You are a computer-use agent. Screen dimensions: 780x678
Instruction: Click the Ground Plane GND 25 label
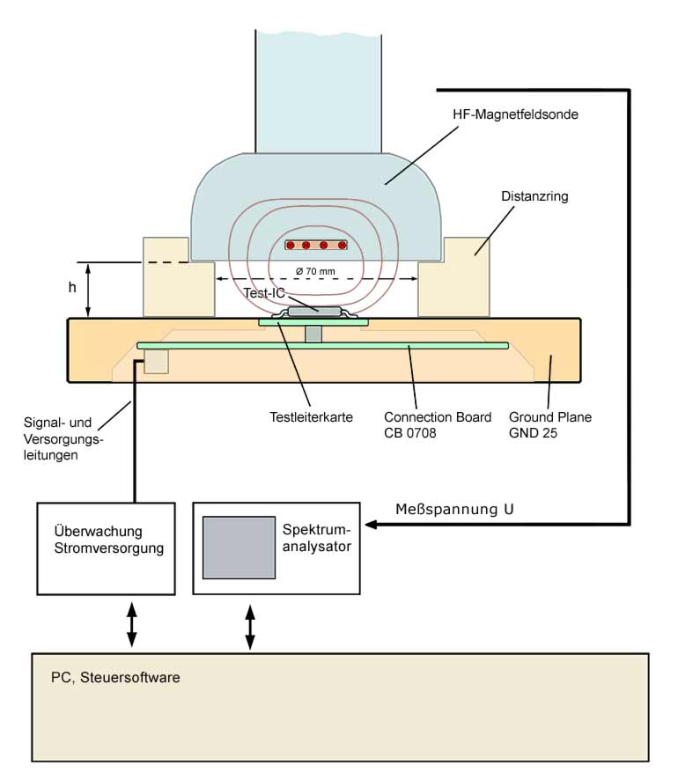point(550,424)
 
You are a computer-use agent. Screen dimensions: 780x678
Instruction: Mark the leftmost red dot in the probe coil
point(289,245)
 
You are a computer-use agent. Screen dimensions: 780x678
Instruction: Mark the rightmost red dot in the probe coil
point(342,245)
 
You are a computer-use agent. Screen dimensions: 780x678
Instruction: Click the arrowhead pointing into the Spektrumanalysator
point(372,526)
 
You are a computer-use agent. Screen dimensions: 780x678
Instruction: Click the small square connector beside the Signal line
point(156,361)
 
